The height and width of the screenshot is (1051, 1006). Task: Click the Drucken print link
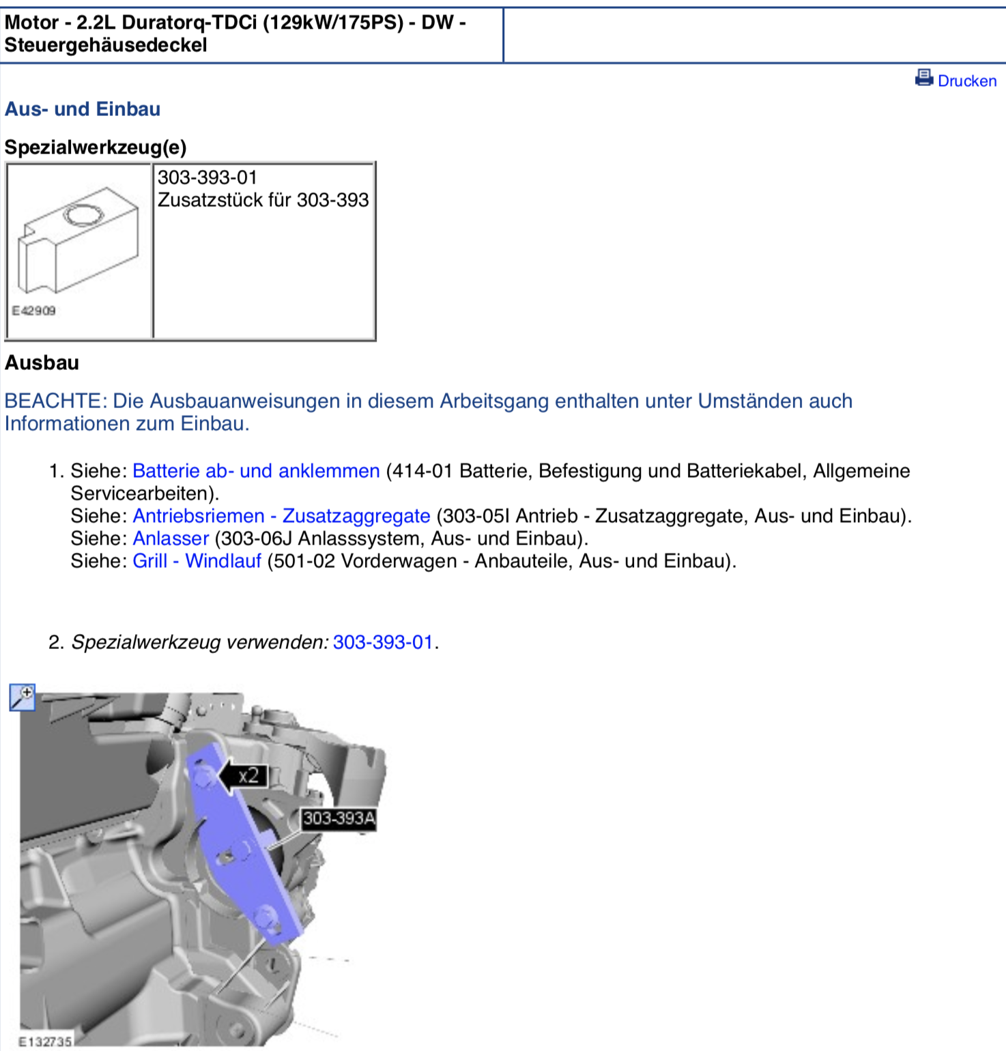click(x=966, y=81)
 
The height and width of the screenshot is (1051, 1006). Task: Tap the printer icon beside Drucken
click(x=924, y=78)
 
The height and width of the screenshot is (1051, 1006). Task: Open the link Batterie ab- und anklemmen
click(x=256, y=471)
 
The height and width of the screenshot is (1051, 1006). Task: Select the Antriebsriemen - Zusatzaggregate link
click(x=281, y=516)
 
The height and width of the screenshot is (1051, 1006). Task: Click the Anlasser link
click(x=171, y=538)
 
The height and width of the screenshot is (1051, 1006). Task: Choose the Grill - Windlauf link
click(x=197, y=561)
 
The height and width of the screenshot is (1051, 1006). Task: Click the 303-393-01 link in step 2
click(x=383, y=642)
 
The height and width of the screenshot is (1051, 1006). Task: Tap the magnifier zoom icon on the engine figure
click(x=22, y=697)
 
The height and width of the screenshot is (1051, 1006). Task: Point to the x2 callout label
click(x=249, y=776)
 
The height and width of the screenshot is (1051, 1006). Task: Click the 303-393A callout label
click(x=339, y=818)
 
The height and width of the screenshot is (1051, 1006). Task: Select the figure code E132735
click(x=44, y=1041)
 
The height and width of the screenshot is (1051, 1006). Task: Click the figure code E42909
click(x=33, y=311)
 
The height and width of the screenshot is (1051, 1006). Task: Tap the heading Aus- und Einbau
click(x=83, y=109)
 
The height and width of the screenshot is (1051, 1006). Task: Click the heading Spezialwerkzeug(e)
click(x=96, y=147)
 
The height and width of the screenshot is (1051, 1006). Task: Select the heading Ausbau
click(x=42, y=362)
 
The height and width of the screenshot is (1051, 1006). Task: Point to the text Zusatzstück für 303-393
click(x=263, y=200)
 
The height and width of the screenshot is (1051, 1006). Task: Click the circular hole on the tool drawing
click(x=83, y=216)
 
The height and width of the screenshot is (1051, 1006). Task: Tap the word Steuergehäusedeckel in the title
click(x=106, y=45)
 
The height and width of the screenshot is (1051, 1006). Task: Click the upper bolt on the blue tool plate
click(x=203, y=775)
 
